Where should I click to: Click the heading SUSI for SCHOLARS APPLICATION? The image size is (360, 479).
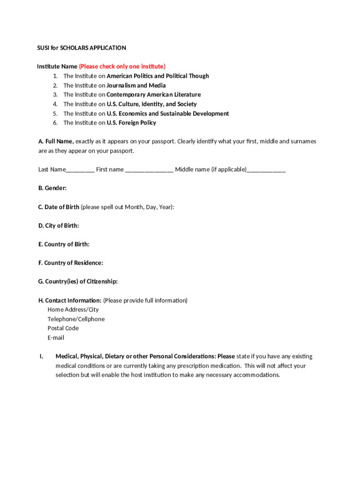(82, 48)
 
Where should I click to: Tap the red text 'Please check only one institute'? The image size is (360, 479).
(122, 66)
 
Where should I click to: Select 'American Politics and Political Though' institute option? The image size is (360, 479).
(158, 76)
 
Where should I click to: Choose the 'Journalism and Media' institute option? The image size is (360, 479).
(136, 85)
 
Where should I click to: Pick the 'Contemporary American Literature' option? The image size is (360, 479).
(153, 94)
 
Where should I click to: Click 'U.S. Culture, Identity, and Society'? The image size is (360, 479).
(151, 104)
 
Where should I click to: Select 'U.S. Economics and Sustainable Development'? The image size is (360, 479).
(168, 113)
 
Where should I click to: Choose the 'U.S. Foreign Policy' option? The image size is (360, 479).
(131, 123)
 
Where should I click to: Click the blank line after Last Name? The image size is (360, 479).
(80, 170)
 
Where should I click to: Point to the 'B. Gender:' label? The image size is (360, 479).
(52, 188)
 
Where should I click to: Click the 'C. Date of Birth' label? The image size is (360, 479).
(59, 207)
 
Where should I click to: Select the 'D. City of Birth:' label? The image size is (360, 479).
(58, 225)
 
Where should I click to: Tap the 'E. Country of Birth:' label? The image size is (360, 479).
(64, 244)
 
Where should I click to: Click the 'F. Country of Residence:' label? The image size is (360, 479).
(71, 263)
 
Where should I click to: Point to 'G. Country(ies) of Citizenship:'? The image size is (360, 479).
(78, 282)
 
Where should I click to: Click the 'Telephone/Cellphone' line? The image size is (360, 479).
(76, 319)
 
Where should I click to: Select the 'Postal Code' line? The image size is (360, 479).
(63, 328)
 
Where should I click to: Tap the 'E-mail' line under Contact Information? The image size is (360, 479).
(56, 338)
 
